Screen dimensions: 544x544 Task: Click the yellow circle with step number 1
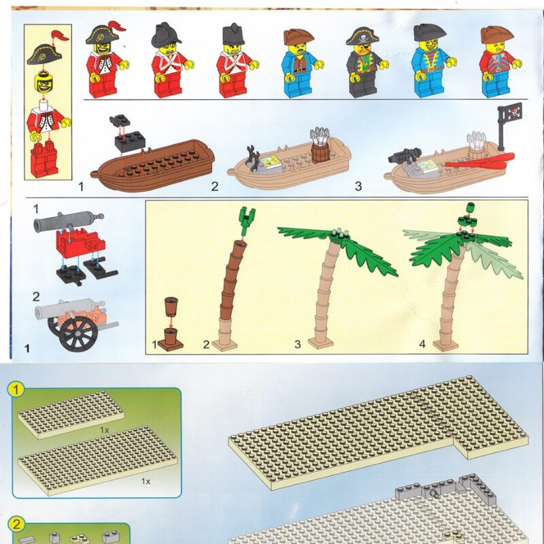(16, 389)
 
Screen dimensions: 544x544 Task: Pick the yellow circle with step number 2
(16, 524)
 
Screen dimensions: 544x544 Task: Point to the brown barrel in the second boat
(320, 153)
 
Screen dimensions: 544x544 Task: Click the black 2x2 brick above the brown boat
(130, 141)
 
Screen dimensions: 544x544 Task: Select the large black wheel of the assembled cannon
(78, 334)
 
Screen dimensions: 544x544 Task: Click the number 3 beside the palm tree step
(297, 344)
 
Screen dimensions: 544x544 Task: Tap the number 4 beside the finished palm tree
(422, 344)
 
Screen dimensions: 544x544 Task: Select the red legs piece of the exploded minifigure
(44, 159)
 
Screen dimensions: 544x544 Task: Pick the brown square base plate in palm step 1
(171, 345)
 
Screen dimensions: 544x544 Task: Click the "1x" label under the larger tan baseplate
(146, 481)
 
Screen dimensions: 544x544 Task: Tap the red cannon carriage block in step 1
(80, 243)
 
